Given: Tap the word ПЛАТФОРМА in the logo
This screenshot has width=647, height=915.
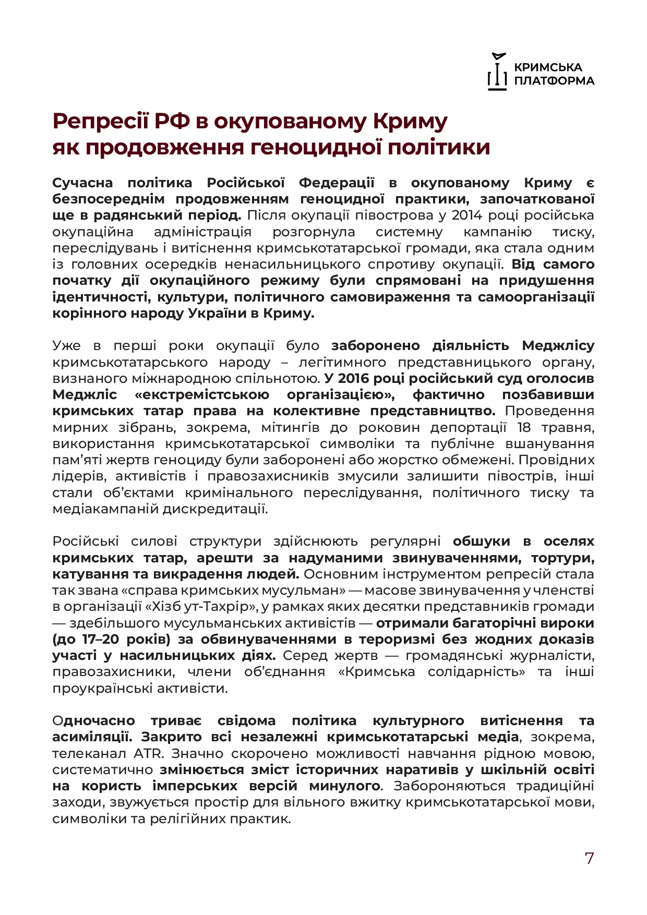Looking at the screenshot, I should pos(554,81).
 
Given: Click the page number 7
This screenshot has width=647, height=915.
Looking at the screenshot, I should pos(589,858).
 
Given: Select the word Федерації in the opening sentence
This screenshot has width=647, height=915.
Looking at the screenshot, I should pos(337,183).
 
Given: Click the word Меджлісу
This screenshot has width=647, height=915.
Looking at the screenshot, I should pos(558,346).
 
